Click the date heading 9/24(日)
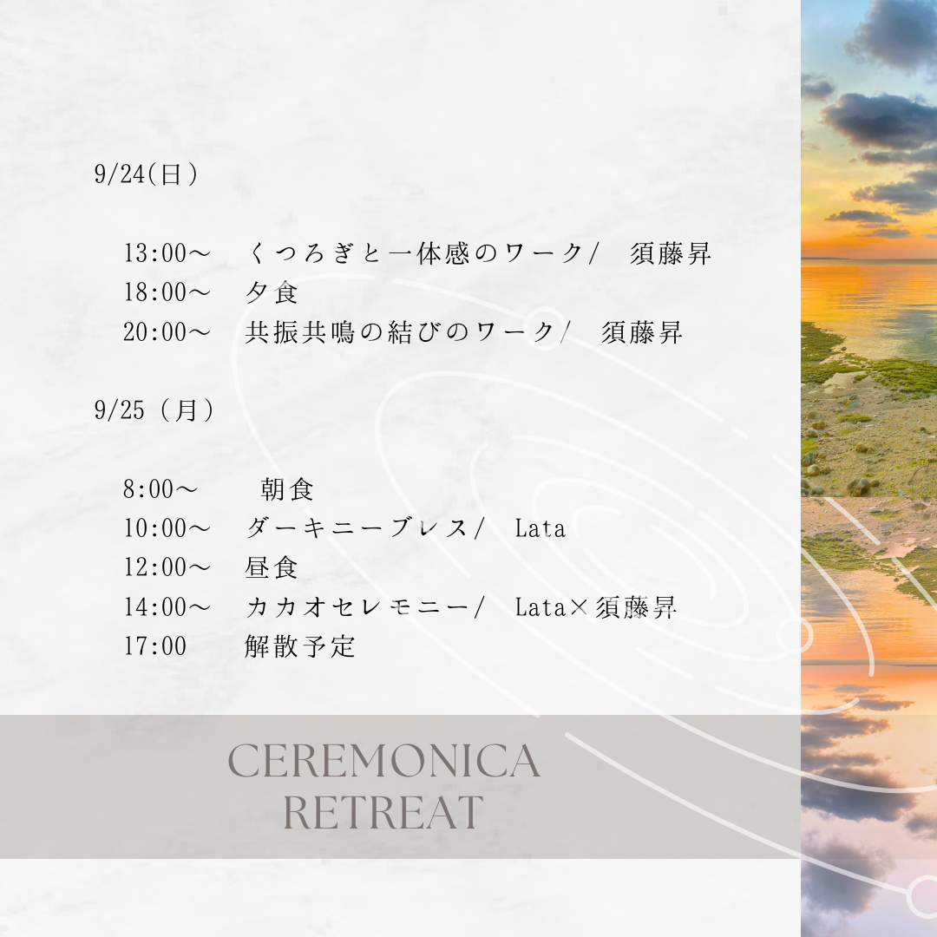146,174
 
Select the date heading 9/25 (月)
154,410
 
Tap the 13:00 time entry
167,253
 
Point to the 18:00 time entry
167,292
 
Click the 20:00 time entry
167,331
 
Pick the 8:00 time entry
161,488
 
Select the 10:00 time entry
167,528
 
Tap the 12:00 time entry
167,567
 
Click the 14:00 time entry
167,607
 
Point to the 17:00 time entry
154,646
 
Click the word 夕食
272,292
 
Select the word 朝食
287,489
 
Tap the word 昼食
272,567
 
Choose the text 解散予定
300,646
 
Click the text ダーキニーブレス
357,528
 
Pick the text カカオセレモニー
357,607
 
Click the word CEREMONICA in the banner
384,761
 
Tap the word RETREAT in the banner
383,811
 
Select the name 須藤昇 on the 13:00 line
671,253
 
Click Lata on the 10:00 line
541,528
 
